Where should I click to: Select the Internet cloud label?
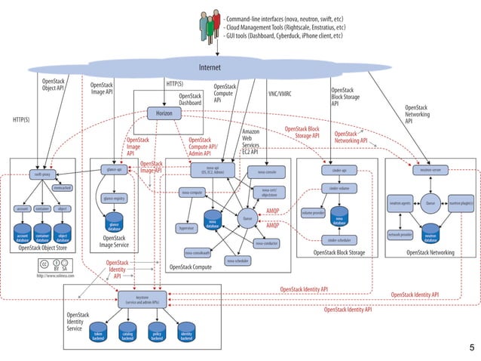point(209,68)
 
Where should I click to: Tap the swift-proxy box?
point(41,174)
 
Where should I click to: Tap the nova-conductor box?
point(268,243)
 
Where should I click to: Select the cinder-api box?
point(338,171)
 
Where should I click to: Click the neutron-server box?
point(426,171)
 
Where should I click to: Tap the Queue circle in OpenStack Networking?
point(430,203)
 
